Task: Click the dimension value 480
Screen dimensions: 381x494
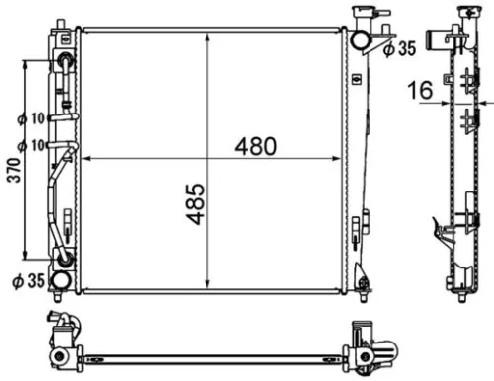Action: tap(254, 145)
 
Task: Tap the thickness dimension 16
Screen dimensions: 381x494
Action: tap(421, 92)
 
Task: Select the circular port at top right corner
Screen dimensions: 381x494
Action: tap(361, 39)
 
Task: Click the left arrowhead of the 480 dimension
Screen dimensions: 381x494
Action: tap(89, 158)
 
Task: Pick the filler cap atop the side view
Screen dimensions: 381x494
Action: tap(461, 14)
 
